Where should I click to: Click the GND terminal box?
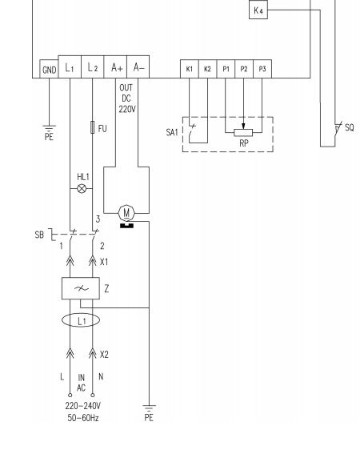pyautogui.click(x=49, y=69)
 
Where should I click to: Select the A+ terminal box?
pyautogui.click(x=115, y=67)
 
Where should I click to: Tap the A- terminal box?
pyautogui.click(x=138, y=67)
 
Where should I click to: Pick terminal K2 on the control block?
pyautogui.click(x=208, y=69)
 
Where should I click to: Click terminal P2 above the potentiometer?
pyautogui.click(x=244, y=69)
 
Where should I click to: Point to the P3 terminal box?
pyautogui.click(x=262, y=69)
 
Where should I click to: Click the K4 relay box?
pyautogui.click(x=258, y=10)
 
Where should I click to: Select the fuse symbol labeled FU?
pyautogui.click(x=92, y=127)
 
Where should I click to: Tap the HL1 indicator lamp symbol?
pyautogui.click(x=82, y=188)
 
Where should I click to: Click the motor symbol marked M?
pyautogui.click(x=126, y=213)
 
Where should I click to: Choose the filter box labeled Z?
pyautogui.click(x=81, y=288)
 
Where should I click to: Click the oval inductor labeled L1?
pyautogui.click(x=81, y=320)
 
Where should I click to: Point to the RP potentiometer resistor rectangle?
pyautogui.click(x=243, y=133)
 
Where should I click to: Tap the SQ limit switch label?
pyautogui.click(x=350, y=128)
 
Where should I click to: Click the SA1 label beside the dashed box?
pyautogui.click(x=172, y=132)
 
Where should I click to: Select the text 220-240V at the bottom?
pyautogui.click(x=83, y=406)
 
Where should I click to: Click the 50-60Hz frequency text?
pyautogui.click(x=83, y=418)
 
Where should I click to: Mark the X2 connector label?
pyautogui.click(x=104, y=355)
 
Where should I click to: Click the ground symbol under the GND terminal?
pyautogui.click(x=49, y=129)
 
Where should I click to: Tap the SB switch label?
pyautogui.click(x=39, y=235)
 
